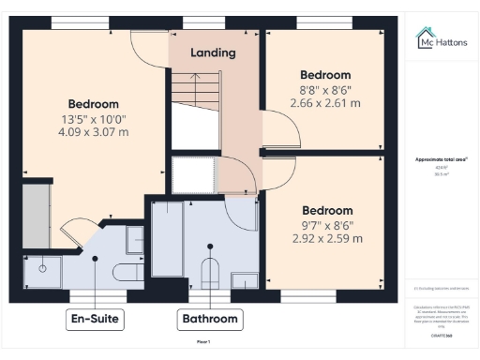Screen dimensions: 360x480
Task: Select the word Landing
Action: [213, 52]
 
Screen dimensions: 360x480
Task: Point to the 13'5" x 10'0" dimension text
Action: [92, 119]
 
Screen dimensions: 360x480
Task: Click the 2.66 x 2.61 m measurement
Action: [324, 103]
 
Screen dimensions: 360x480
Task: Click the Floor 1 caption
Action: [203, 343]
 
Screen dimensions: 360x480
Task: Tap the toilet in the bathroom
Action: [211, 273]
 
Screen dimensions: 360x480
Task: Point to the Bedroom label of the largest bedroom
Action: [93, 104]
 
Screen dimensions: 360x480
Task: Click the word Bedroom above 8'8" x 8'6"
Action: [324, 75]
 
